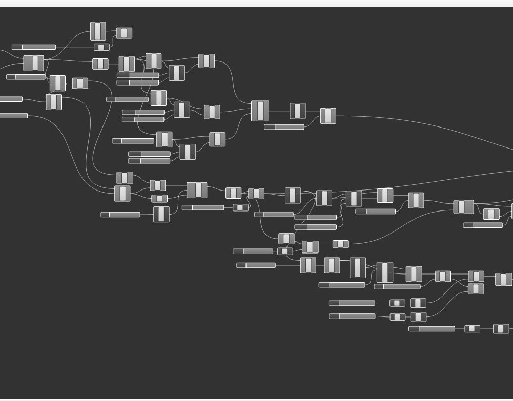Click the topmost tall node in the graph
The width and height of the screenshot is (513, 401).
(98, 31)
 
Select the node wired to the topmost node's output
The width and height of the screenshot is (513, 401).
(124, 33)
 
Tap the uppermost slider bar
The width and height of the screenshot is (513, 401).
(34, 47)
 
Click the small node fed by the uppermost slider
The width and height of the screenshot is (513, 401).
(101, 47)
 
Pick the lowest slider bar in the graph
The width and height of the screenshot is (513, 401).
(432, 329)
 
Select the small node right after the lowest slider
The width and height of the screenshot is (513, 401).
(472, 329)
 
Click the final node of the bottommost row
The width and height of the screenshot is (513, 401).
(501, 329)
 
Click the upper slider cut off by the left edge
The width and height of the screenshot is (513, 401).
(10, 99)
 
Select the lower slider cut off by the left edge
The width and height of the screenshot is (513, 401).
(13, 116)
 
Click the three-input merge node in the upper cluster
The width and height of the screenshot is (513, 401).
(260, 111)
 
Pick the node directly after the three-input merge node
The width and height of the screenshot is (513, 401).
(297, 111)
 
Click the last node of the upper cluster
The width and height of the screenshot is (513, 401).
(328, 116)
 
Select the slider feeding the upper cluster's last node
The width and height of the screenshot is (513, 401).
(284, 127)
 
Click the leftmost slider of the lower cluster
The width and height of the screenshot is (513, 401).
(120, 215)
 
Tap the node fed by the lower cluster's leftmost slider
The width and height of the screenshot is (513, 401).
(161, 214)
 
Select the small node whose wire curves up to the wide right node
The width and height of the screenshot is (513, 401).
(340, 244)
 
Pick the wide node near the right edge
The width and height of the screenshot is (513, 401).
(463, 207)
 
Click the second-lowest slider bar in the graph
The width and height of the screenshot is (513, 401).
(352, 316)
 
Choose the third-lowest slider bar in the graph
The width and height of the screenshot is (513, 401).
(352, 303)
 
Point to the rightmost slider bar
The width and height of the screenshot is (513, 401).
(483, 225)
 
